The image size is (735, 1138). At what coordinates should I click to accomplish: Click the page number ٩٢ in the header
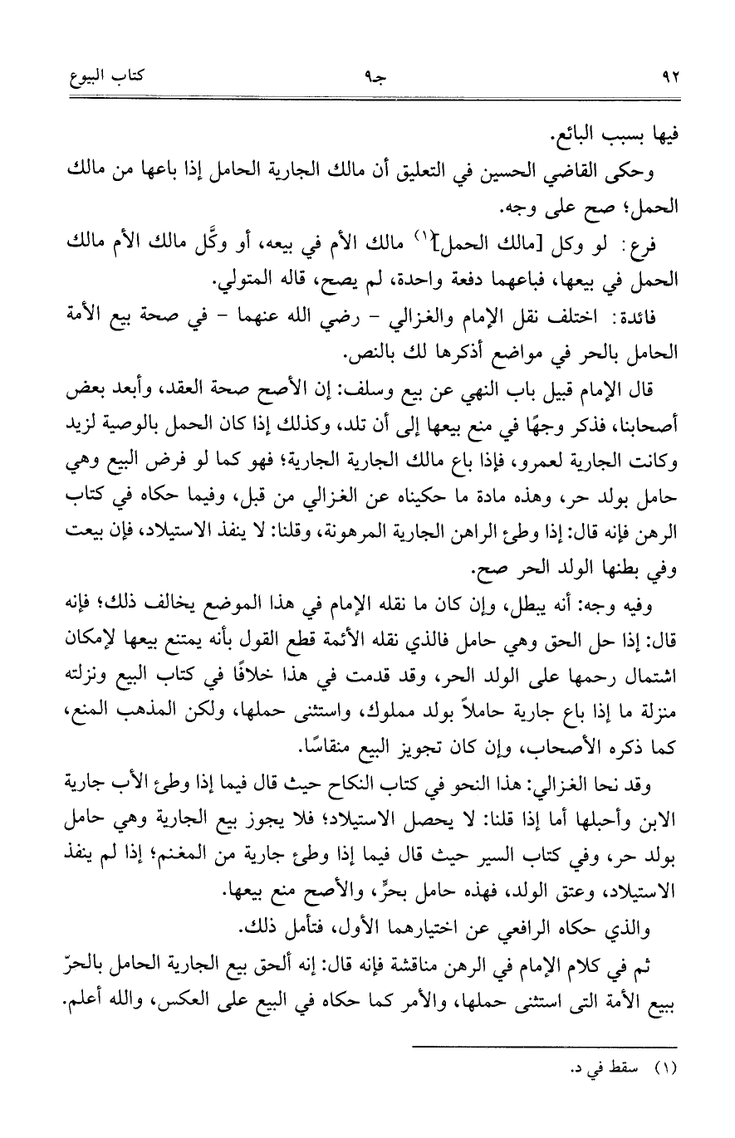[x=671, y=78]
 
